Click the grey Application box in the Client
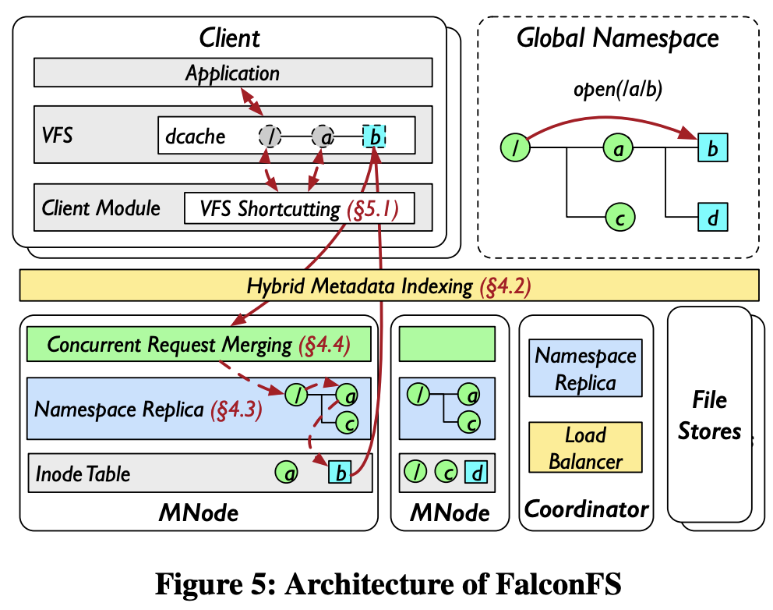coord(232,74)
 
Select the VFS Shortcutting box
coord(298,208)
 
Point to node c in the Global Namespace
coord(619,216)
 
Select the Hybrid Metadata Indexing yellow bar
coord(389,285)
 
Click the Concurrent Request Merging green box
coord(199,345)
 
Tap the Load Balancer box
coord(585,448)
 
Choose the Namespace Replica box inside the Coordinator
coord(585,369)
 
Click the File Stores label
coord(709,416)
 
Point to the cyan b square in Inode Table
coord(340,472)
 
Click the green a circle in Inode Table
coord(286,472)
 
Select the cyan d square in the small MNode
coord(476,472)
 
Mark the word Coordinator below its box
coord(586,509)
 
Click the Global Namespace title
coord(618,38)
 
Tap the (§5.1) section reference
coord(371,208)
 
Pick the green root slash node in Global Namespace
coord(517,146)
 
